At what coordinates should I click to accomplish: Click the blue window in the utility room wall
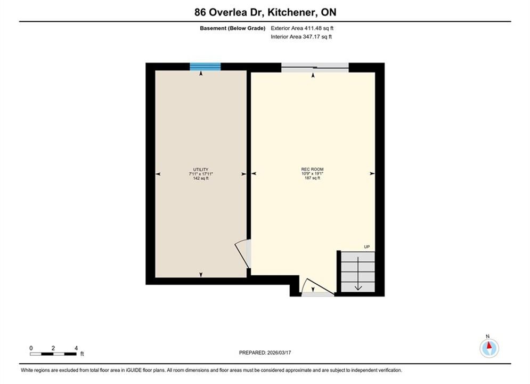(x=205, y=67)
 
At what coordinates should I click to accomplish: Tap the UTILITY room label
(x=201, y=170)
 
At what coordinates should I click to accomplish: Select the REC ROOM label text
(x=312, y=169)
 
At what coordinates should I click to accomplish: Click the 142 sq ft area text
(x=201, y=178)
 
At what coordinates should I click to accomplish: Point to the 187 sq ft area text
(x=312, y=178)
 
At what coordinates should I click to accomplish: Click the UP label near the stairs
(x=367, y=247)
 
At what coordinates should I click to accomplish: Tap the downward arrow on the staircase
(x=358, y=274)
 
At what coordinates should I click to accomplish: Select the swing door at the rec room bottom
(x=317, y=287)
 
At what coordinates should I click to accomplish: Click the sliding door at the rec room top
(x=315, y=68)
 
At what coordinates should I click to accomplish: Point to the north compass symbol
(x=489, y=347)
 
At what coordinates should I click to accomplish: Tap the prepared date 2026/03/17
(x=279, y=353)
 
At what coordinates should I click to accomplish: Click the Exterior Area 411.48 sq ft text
(x=302, y=28)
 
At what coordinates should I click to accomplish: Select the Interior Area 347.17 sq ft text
(x=301, y=37)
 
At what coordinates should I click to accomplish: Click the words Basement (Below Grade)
(x=233, y=28)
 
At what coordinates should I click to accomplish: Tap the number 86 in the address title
(x=200, y=12)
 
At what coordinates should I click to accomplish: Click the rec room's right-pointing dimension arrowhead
(x=372, y=173)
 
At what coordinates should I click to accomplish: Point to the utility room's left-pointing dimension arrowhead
(x=158, y=174)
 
